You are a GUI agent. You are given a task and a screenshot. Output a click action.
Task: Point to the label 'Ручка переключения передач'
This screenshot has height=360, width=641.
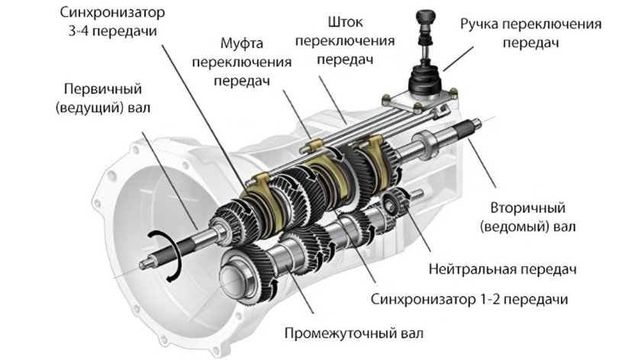pyautogui.click(x=530, y=34)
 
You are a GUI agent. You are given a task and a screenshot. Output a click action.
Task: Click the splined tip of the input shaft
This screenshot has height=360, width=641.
pyautogui.click(x=146, y=264)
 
